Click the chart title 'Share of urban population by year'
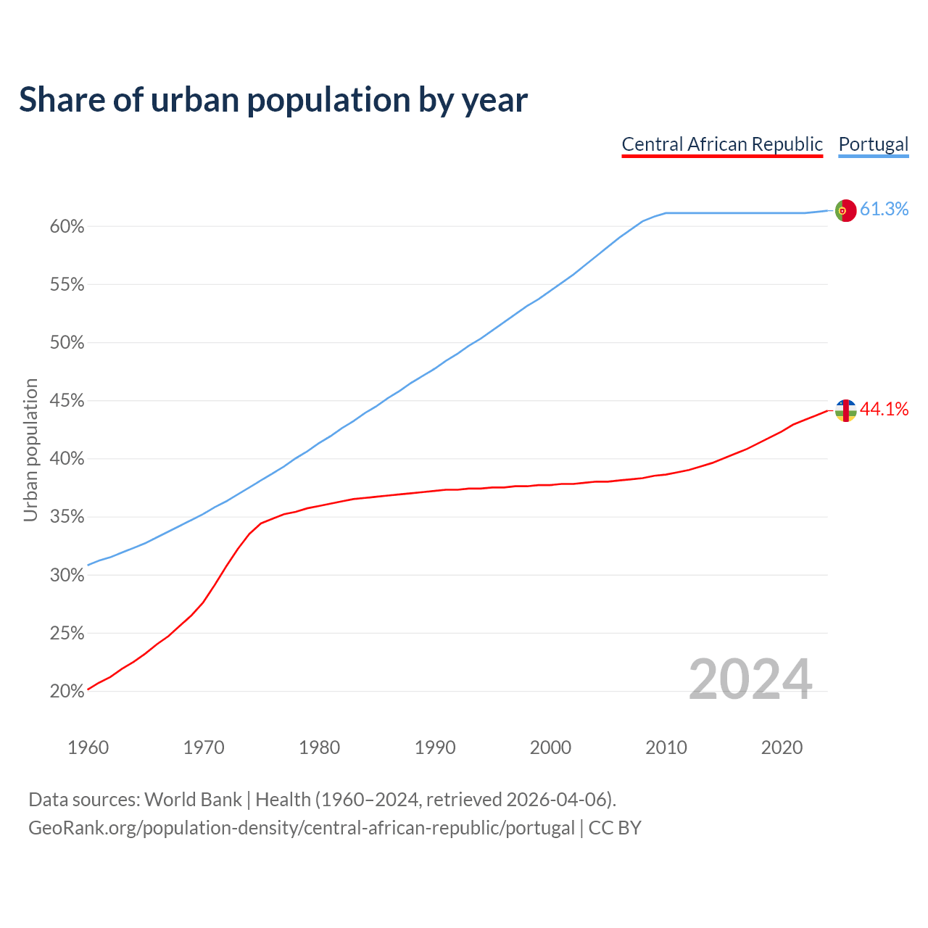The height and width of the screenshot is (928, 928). point(273,100)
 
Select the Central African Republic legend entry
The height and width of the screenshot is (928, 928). point(722,144)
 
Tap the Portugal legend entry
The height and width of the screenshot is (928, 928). point(873,144)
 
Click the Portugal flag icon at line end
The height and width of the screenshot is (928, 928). point(845,210)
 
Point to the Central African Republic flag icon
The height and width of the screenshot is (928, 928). point(845,410)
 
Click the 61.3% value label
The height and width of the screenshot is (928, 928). point(884,210)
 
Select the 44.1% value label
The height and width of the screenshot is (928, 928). point(884,410)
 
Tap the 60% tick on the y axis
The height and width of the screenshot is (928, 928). point(67,227)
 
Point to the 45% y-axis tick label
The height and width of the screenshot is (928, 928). point(67,401)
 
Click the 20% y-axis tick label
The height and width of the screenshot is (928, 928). point(67,692)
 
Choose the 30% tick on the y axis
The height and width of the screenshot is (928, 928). point(67,576)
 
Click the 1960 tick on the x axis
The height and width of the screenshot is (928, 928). point(88,747)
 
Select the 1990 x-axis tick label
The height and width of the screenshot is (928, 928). point(435,747)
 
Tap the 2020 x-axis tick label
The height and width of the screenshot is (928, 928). point(782,747)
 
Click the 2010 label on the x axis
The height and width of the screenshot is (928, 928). point(666,747)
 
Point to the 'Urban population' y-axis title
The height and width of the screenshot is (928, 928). point(30,449)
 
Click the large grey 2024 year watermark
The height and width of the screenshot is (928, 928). point(750,680)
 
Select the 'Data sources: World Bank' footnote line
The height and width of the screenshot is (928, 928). point(322,800)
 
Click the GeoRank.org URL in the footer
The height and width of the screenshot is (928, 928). point(302,828)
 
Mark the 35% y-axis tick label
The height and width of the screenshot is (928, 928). point(67,518)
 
